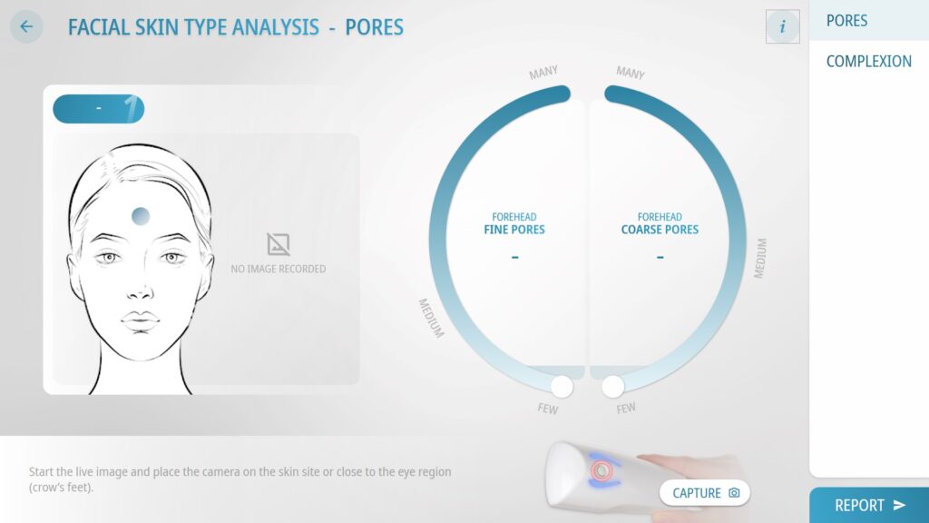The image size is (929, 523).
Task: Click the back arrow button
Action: tap(26, 26)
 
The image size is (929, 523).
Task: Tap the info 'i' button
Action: tap(782, 26)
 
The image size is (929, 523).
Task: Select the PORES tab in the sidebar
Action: tap(846, 21)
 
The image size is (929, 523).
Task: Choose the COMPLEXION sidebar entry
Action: tap(868, 61)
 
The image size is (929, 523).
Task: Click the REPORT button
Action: tap(869, 505)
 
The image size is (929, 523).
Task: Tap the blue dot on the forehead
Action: tap(141, 216)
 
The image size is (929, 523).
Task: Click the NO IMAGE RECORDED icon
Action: tap(278, 243)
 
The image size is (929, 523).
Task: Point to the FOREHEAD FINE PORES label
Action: tap(514, 223)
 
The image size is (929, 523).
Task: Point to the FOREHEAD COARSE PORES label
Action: tap(660, 223)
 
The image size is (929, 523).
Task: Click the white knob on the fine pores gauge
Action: tap(562, 387)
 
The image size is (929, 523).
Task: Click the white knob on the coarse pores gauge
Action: tap(613, 387)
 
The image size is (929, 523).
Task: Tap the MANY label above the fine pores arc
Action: tap(543, 73)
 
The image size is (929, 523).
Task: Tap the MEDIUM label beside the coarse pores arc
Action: tap(760, 259)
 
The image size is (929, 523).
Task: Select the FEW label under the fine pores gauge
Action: tap(547, 409)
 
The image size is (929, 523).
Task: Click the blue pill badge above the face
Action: tap(98, 109)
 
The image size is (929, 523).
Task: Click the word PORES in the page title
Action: tap(374, 27)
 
